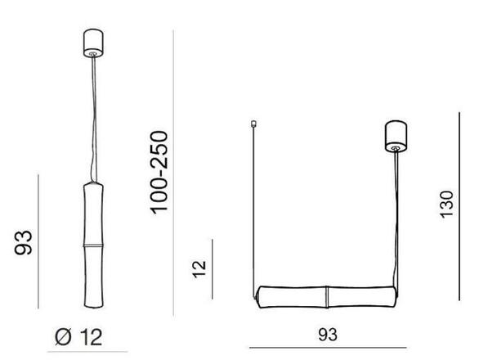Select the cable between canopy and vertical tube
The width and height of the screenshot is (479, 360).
(95, 123)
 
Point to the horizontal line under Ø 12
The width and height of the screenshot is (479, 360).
(80, 351)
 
